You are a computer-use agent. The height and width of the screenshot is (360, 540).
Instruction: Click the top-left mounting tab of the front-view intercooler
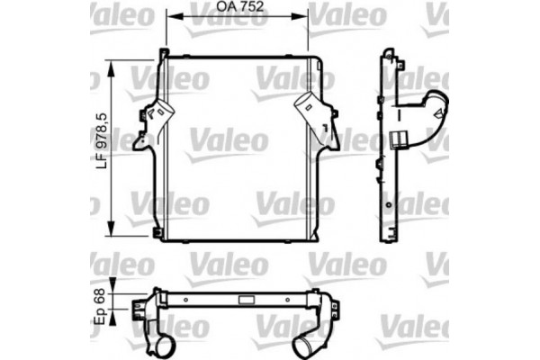tap(162, 54)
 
